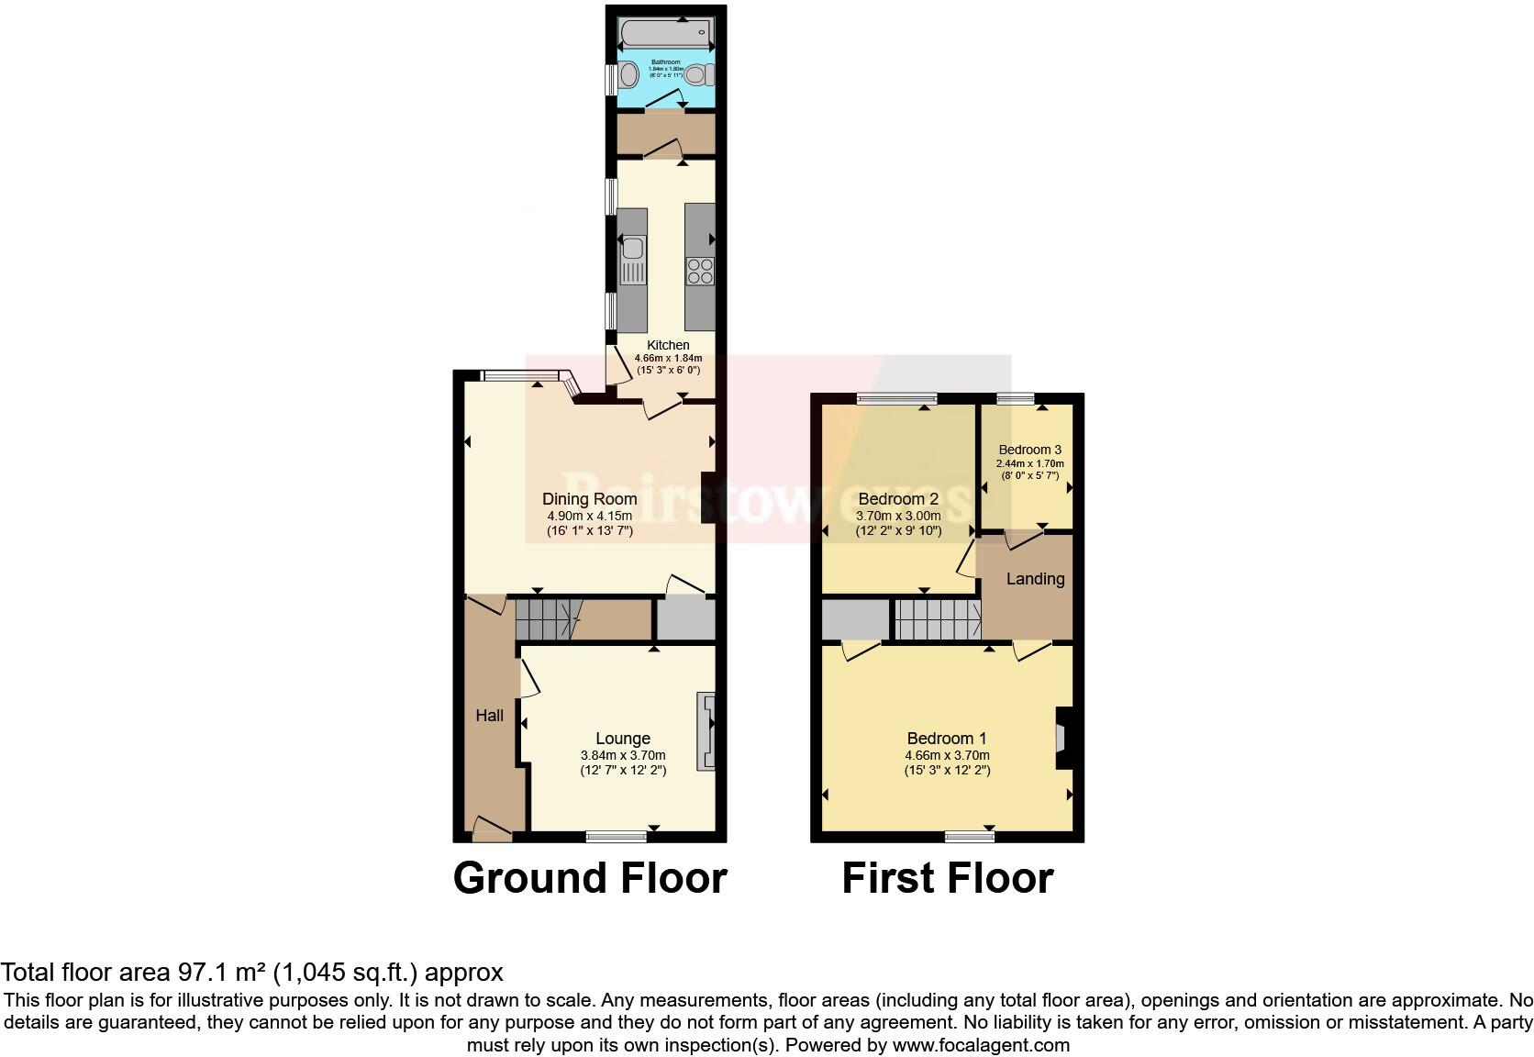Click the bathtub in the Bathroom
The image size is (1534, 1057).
click(x=666, y=35)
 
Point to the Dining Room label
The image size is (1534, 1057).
click(x=589, y=499)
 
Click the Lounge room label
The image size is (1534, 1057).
click(x=623, y=739)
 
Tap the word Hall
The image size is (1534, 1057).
click(x=489, y=716)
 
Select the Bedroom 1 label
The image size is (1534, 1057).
click(x=947, y=739)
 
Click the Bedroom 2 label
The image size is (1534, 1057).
click(x=898, y=499)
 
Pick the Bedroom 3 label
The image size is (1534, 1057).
click(x=1030, y=450)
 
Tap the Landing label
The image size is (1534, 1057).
click(x=1035, y=579)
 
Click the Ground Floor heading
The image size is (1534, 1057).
click(x=590, y=878)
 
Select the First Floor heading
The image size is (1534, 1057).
click(x=947, y=878)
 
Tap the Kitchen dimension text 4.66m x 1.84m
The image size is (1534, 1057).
click(x=668, y=358)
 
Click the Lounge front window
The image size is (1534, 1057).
click(x=617, y=836)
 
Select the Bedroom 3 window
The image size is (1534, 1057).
click(x=1016, y=398)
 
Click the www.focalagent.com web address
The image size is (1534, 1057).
click(x=981, y=1045)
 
